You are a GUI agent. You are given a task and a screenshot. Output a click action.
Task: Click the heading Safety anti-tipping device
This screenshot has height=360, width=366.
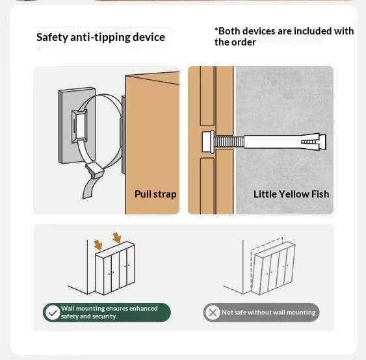coord(101,37)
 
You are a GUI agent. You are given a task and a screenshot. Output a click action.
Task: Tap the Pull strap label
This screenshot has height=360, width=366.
coord(155,194)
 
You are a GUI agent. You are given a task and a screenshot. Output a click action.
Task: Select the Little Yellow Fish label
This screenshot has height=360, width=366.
coord(291,194)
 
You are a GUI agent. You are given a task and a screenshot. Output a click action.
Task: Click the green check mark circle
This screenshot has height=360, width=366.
coord(53,313)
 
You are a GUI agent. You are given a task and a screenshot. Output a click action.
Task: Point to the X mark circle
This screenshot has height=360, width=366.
coord(213,313)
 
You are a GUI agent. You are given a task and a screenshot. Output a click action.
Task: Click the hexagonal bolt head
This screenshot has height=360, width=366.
coord(208,142)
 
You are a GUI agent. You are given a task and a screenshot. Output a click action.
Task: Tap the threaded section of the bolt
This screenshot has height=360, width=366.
coord(229,142)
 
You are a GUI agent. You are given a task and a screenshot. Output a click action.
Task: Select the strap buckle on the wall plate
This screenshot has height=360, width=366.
coord(79,126)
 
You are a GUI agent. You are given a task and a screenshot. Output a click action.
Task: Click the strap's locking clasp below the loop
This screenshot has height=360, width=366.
coord(94,170)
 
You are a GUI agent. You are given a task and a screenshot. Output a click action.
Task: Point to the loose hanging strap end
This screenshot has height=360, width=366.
coord(90,188)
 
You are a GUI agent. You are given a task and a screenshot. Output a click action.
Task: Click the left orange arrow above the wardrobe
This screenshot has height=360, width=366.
coord(98,244)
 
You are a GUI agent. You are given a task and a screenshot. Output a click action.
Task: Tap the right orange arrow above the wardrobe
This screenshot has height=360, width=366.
coord(117,238)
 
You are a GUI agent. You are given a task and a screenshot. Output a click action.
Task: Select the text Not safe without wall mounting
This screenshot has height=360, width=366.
coord(268,313)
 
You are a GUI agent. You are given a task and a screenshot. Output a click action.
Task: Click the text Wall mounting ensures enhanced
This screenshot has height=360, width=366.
coord(109,309)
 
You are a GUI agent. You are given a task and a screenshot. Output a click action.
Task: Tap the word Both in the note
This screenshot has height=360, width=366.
coord(229,31)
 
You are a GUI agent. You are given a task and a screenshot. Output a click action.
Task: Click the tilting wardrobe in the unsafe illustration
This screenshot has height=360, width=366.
coord(273,268)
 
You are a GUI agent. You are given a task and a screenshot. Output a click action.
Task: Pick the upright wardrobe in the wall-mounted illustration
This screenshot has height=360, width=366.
coord(115,268)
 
